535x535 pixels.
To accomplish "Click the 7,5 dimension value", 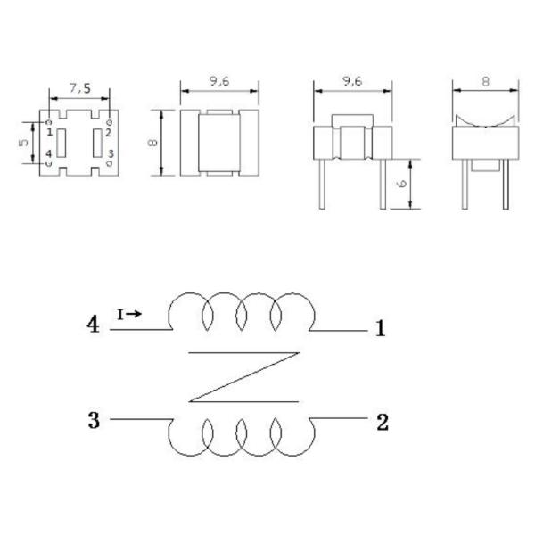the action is click(x=80, y=88).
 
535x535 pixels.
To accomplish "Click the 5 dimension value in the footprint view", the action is click(x=23, y=143).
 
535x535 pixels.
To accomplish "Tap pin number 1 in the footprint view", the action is click(x=50, y=132).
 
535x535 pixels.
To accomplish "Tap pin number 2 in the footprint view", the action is click(x=108, y=132).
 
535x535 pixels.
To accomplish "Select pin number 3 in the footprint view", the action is click(x=111, y=153).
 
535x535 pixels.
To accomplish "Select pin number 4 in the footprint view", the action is click(x=49, y=153).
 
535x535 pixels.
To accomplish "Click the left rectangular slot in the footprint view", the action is click(x=61, y=143).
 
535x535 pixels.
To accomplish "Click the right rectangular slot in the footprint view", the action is click(x=97, y=143).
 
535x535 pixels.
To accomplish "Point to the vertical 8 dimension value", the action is click(x=152, y=143).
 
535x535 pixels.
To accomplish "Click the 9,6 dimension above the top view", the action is click(x=219, y=81).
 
